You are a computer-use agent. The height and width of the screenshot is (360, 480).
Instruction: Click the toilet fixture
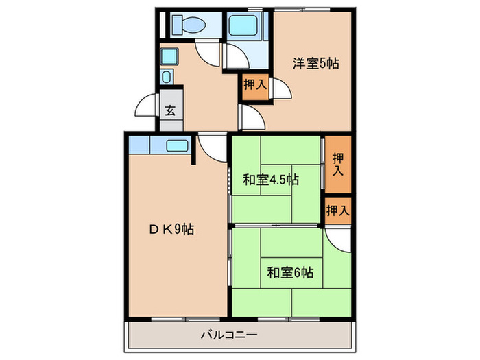click(x=187, y=25)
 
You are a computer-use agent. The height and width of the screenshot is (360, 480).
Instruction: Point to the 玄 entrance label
click(x=169, y=110)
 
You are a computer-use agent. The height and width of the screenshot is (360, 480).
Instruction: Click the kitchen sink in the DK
click(x=178, y=145)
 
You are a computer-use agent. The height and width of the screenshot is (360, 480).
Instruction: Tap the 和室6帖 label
click(x=290, y=272)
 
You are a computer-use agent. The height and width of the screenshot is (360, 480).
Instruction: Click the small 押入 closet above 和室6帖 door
click(x=337, y=210)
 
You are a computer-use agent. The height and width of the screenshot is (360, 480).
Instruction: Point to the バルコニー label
click(x=229, y=335)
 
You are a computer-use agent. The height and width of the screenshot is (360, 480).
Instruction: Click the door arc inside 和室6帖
click(x=338, y=237)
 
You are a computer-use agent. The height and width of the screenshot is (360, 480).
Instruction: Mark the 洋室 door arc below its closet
click(x=250, y=117)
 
